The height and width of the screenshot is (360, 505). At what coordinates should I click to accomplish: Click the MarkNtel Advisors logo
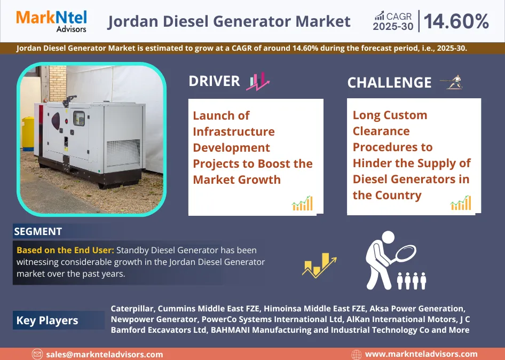pos(51,21)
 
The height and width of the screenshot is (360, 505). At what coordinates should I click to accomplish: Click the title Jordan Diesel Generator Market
pos(229,21)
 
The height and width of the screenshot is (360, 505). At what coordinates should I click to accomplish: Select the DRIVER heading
pos(214,81)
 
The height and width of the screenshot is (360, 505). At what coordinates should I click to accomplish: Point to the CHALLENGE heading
pos(389,83)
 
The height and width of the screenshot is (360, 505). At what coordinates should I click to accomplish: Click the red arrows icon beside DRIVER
pos(258,82)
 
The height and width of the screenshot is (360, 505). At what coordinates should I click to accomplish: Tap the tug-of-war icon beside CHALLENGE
pos(451,82)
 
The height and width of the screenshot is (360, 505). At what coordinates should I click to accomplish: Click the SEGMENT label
pos(38,231)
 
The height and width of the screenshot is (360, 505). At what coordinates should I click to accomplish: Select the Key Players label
pos(47,320)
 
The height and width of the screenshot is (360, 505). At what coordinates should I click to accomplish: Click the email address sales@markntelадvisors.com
pos(105,354)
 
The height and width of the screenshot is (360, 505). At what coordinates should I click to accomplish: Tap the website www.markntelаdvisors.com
pos(421,354)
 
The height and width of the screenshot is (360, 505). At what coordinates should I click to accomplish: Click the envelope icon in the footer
pos(37,354)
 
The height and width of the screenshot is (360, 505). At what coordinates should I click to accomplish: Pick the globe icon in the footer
pos(357,354)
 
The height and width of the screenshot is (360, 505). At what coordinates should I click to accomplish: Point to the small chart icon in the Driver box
pos(302,203)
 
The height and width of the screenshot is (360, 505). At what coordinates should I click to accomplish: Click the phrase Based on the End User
pos(65,250)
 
